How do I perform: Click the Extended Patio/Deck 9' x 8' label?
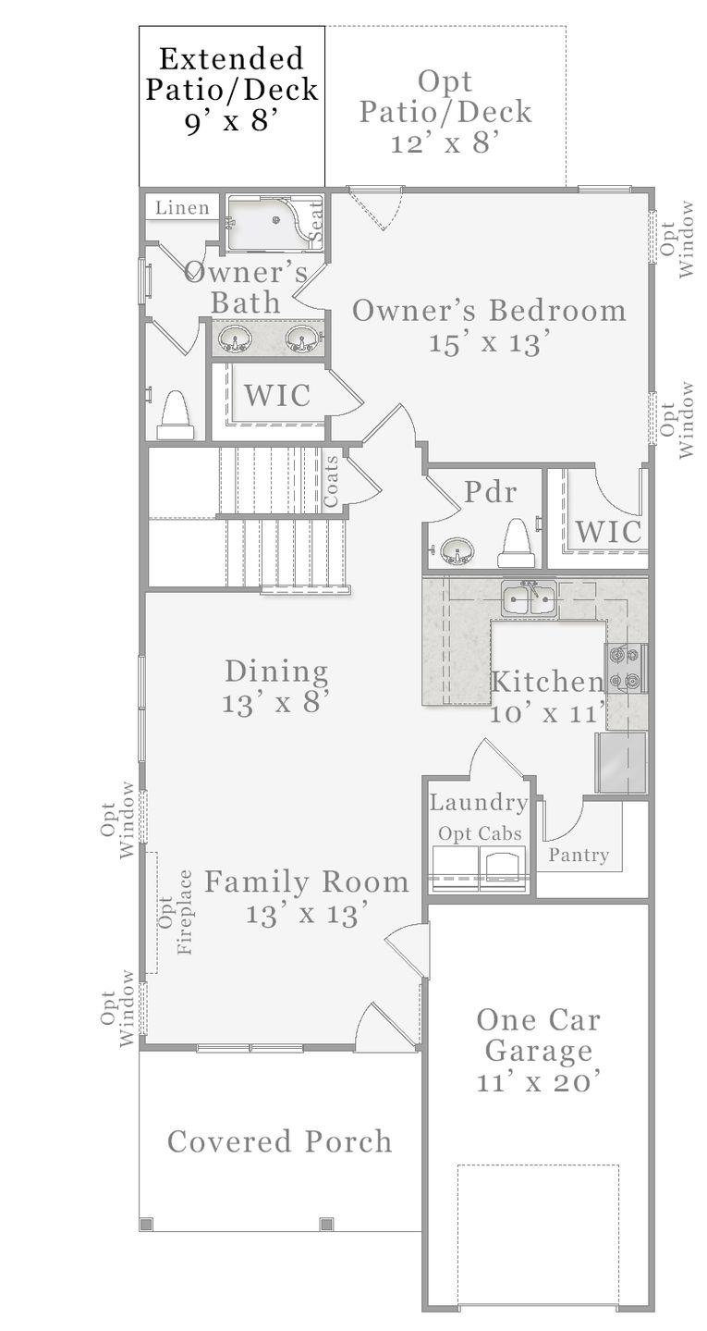(x=232, y=91)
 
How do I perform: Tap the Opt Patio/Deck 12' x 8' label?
(x=445, y=112)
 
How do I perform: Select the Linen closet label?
(x=182, y=207)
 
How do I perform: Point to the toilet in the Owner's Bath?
(x=175, y=415)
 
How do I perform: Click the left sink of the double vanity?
(x=233, y=339)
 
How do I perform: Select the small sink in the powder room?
(x=456, y=552)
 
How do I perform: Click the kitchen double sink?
(x=529, y=599)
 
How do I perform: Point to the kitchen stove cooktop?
(x=627, y=668)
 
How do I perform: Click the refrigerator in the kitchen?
(x=621, y=762)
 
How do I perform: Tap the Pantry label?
(x=579, y=855)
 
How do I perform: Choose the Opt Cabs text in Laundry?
(x=480, y=833)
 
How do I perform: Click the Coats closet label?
(x=331, y=478)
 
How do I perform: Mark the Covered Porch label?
(x=279, y=1141)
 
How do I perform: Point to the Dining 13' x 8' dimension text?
(x=275, y=702)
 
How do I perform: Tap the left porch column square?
(x=145, y=1224)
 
